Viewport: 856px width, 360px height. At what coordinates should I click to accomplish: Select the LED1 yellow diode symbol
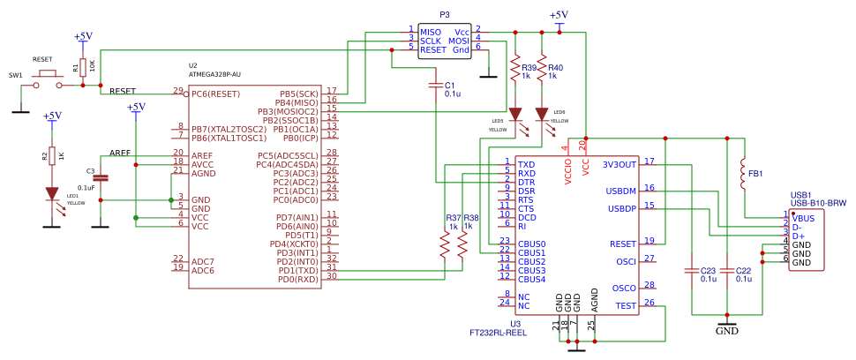tap(52, 195)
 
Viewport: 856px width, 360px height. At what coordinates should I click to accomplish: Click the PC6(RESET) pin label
tap(215, 93)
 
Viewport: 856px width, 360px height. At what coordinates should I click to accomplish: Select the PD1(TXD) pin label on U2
tap(297, 270)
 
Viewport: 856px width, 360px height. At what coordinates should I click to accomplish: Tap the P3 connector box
tap(445, 41)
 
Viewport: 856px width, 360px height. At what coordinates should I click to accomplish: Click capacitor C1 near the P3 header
tap(435, 86)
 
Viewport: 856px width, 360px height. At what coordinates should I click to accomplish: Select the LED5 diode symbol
tap(516, 115)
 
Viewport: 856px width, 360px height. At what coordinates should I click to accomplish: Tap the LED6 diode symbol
tap(542, 115)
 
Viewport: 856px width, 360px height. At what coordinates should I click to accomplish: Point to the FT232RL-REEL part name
tap(498, 334)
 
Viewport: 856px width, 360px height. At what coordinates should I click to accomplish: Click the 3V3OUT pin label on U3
tap(619, 164)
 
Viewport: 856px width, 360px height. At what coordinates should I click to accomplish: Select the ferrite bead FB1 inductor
tap(742, 174)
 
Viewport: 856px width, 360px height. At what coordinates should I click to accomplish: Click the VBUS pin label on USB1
tap(803, 217)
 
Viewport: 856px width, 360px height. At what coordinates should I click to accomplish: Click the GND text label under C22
tap(726, 331)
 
